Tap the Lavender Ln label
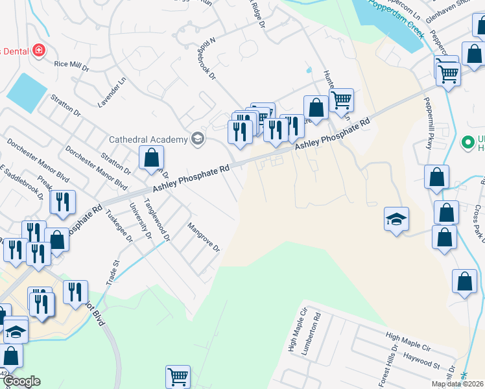pyautogui.click(x=120, y=93)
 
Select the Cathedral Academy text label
pyautogui.click(x=147, y=139)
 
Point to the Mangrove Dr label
pyautogui.click(x=204, y=238)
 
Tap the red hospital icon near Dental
pyautogui.click(x=39, y=50)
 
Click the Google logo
pyautogui.click(x=21, y=381)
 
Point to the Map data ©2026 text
pyautogui.click(x=458, y=384)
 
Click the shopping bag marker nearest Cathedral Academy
pyautogui.click(x=151, y=157)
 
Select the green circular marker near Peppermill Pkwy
pyautogui.click(x=466, y=141)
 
